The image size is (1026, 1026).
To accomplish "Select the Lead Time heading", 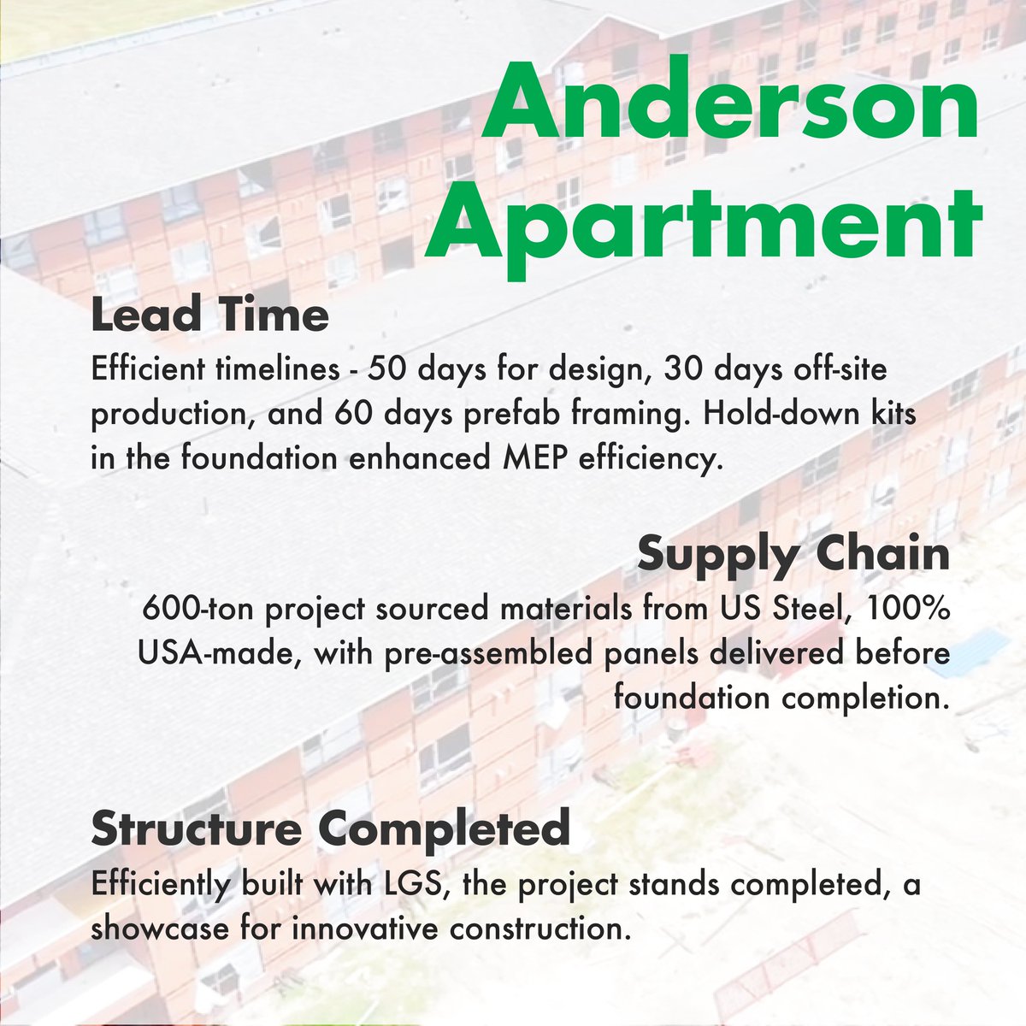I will [209, 315].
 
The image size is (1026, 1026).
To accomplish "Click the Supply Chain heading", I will [793, 554].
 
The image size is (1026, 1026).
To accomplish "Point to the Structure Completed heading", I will [330, 828].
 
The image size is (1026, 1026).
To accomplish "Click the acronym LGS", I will [415, 883].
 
